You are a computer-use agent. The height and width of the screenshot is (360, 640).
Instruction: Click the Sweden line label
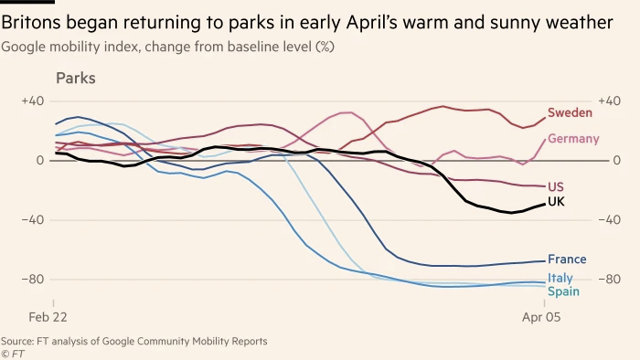tap(571, 112)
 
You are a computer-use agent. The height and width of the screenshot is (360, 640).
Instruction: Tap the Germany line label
tap(573, 139)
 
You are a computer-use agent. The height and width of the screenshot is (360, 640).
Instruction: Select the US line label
tap(555, 186)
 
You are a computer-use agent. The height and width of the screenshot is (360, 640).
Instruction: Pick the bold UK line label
tap(556, 201)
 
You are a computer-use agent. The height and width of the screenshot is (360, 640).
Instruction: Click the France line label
tap(567, 259)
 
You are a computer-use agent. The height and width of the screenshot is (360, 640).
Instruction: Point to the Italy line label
tap(560, 278)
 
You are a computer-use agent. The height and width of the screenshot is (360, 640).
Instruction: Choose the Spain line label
tap(563, 291)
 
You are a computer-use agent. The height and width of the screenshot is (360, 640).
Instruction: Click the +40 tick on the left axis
tap(33, 101)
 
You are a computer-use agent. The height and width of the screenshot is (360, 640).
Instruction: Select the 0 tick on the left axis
tap(38, 160)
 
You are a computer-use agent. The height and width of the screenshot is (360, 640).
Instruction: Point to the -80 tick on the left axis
tap(33, 279)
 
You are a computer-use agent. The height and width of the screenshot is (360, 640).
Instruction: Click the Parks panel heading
tap(76, 79)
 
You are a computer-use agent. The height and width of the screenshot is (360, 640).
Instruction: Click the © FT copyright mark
tap(12, 352)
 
